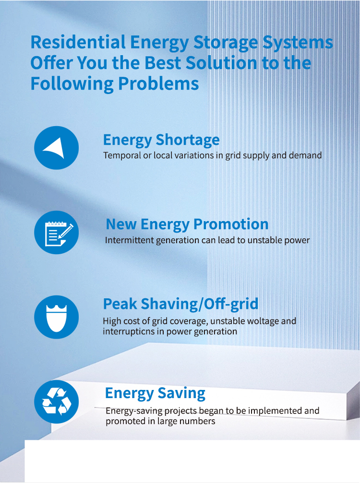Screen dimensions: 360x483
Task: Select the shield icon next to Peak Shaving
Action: point(57,317)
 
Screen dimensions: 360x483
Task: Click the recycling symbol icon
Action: point(57,401)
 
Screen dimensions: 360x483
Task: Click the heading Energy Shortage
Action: point(161,140)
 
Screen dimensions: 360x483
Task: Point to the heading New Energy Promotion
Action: point(187,224)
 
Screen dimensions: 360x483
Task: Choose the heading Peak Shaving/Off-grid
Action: point(180,304)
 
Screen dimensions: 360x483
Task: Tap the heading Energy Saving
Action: point(155,394)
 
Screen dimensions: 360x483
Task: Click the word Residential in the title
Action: point(78,42)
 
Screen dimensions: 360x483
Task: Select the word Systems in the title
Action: point(298,43)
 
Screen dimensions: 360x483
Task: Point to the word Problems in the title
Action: point(158,83)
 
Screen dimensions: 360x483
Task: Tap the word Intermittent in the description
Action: point(129,240)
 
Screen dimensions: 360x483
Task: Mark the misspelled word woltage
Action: point(264,321)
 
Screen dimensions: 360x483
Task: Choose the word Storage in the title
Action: point(226,43)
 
